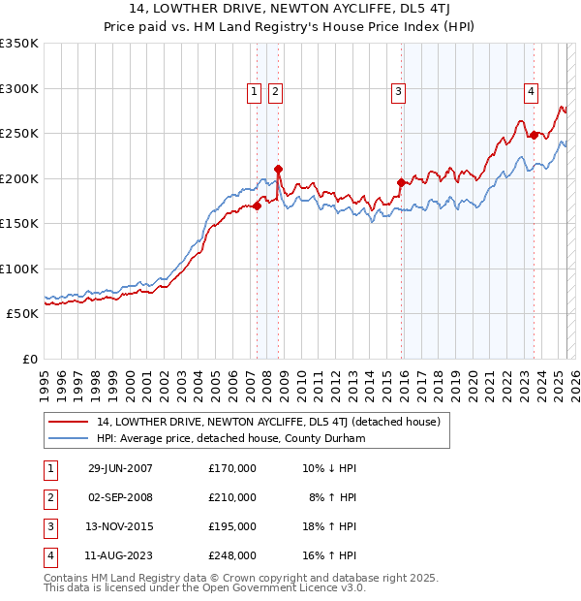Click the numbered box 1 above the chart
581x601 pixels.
[x=254, y=92]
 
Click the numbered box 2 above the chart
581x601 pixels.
[x=275, y=92]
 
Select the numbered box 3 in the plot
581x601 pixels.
[x=398, y=92]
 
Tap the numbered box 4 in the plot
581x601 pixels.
[x=532, y=92]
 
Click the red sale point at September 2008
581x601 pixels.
[x=278, y=169]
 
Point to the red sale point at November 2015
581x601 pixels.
[x=401, y=182]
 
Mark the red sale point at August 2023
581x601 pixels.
[x=534, y=135]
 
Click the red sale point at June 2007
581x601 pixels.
[x=258, y=206]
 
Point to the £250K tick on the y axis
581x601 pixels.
[x=19, y=134]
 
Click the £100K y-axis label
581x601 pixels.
[x=19, y=269]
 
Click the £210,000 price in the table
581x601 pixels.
[x=232, y=497]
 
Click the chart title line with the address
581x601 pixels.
[x=290, y=9]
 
